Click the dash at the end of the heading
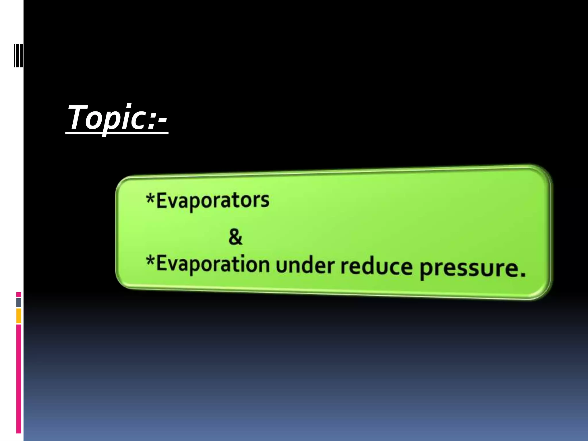pos(162,121)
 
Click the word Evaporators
pos(212,200)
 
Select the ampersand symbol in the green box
pos(235,237)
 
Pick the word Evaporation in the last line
pos(212,264)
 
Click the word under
pos(305,265)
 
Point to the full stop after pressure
pos(523,274)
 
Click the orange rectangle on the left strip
pos(19,316)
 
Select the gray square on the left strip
pos(19,302)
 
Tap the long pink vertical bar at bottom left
pos(19,379)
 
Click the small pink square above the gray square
pos(19,295)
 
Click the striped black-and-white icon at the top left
pos(18,55)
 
